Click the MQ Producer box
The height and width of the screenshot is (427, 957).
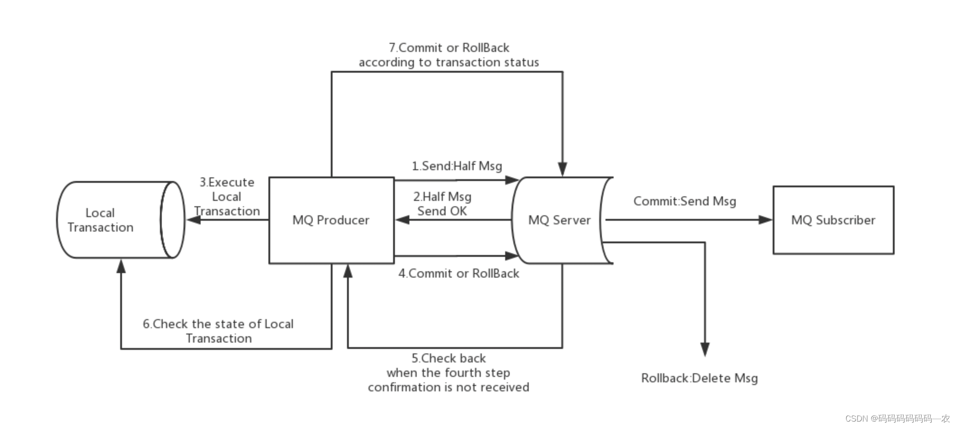331,220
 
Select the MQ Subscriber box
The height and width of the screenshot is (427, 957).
833,220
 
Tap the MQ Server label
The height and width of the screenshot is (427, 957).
559,220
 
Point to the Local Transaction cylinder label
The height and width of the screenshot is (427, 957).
100,220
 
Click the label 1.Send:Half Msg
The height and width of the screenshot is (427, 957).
457,166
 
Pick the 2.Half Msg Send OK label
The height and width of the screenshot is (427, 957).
442,204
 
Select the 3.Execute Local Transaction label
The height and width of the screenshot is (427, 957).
227,196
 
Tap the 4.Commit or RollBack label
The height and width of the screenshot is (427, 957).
459,274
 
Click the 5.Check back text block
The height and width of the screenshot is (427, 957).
449,372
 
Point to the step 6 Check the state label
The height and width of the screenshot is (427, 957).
218,331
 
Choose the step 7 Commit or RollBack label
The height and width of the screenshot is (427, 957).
449,55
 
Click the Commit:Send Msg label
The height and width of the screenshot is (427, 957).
685,201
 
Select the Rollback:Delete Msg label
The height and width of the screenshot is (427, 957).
699,378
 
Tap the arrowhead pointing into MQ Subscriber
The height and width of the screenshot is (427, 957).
766,220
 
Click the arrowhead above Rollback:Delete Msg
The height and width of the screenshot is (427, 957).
705,349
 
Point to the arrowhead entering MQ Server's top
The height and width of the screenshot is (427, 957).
563,169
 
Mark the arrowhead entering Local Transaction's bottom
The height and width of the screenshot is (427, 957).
121,266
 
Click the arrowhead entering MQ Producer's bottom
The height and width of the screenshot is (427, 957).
348,271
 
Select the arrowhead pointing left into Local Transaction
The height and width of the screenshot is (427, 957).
194,220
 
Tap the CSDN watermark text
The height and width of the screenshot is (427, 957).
897,418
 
